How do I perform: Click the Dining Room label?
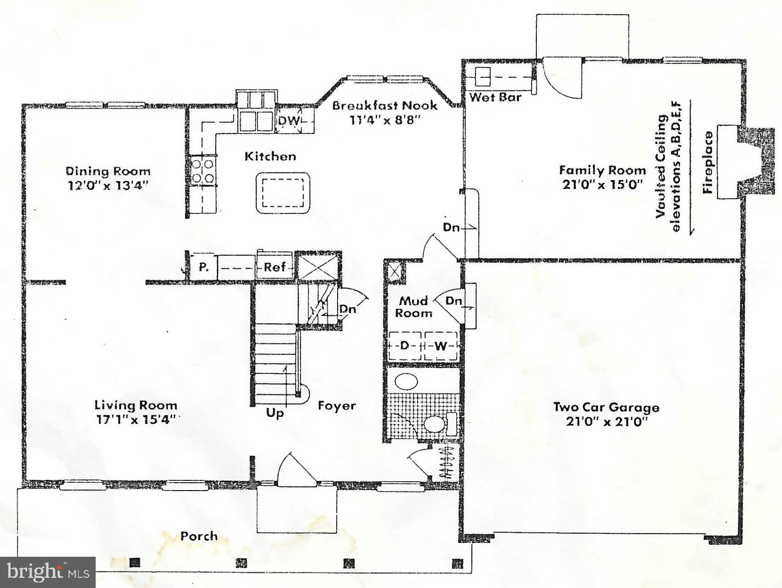pos(108,171)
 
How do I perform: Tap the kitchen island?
pos(282,192)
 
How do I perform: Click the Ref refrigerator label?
pos(275,267)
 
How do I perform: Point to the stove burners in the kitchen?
pos(203,170)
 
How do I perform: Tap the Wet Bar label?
pos(495,97)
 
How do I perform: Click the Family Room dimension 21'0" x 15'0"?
pos(602,185)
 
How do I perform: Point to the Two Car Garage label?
pos(606,407)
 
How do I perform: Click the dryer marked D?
pos(404,345)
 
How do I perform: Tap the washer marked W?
pos(440,345)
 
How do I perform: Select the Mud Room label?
pos(414,307)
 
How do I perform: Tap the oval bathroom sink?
pos(406,382)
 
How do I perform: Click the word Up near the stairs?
pos(275,412)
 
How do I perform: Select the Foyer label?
pos(337,405)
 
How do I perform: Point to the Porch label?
pos(199,536)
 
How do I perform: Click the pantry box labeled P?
pos(203,267)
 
